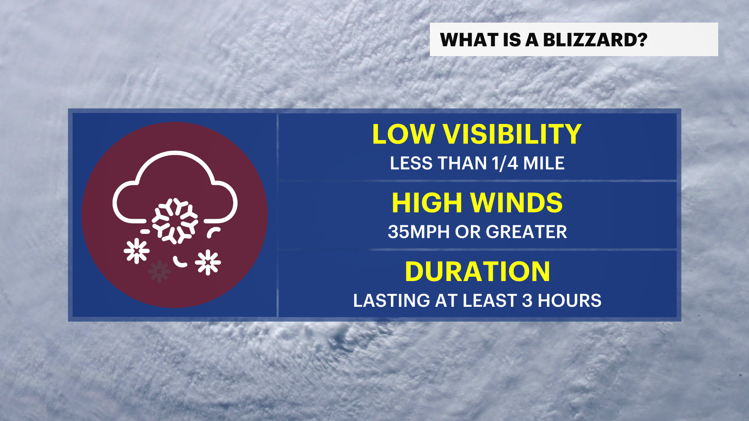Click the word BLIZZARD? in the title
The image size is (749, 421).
tap(595, 40)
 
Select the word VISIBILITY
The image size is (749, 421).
tap(512, 134)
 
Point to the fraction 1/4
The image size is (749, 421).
tap(505, 163)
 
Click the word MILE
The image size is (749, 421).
tap(544, 163)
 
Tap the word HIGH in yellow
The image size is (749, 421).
tap(427, 203)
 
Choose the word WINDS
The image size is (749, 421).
tap(516, 203)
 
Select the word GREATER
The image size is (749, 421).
tap(526, 232)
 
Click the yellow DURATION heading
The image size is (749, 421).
tap(477, 271)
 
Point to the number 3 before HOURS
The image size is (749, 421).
tap(527, 301)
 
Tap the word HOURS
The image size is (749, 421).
tap(570, 301)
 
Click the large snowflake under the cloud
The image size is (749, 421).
tap(175, 221)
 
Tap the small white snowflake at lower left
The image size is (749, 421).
tap(137, 251)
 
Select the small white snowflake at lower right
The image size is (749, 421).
tap(208, 262)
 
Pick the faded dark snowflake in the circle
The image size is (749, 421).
tap(159, 271)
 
